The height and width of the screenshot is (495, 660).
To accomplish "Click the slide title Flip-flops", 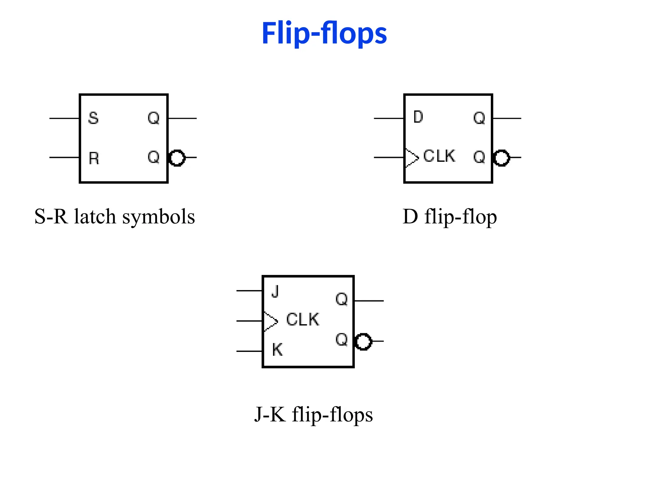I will click(324, 33).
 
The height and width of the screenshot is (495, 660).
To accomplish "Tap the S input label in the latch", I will click(93, 118).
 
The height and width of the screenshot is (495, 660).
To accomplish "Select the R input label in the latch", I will click(94, 158).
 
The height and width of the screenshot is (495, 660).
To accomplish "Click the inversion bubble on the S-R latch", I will click(177, 158).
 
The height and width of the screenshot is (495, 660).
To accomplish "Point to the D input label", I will click(418, 117).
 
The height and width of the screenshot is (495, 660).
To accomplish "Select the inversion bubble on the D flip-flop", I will click(501, 158).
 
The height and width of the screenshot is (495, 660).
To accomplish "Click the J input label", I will click(275, 292).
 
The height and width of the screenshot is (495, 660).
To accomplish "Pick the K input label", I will click(277, 350).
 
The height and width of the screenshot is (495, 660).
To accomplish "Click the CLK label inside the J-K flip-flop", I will click(302, 320).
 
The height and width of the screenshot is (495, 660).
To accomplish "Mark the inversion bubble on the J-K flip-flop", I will click(363, 342).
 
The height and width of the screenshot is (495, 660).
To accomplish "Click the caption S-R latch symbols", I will click(115, 217).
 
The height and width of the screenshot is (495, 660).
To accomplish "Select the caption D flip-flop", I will click(450, 217).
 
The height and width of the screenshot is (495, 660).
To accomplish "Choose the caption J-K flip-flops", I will click(313, 414).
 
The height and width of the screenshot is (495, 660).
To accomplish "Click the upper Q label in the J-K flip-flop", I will click(342, 299).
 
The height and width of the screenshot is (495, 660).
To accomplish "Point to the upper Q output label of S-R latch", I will click(153, 118).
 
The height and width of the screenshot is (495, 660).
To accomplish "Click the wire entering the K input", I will click(249, 351).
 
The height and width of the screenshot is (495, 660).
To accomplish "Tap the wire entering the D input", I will click(388, 118).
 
